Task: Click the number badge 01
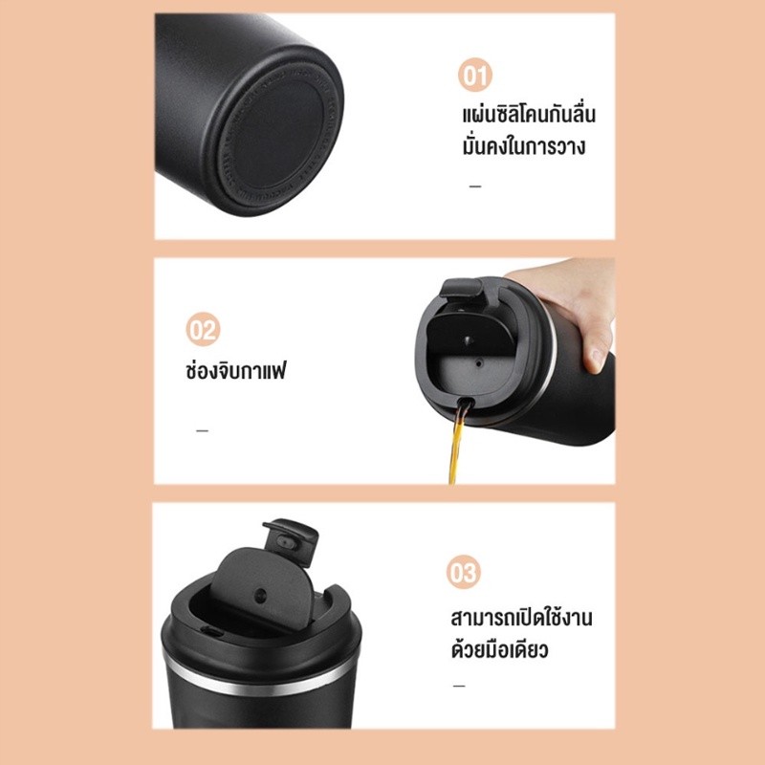tap(474, 76)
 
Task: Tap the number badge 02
tap(203, 329)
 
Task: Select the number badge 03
tap(463, 572)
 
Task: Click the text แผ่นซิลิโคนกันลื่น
tap(529, 115)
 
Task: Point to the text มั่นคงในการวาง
tap(523, 146)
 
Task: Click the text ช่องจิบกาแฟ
tap(235, 371)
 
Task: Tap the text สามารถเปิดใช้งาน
tap(521, 617)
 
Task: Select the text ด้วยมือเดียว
tap(499, 650)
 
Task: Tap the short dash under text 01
tap(475, 186)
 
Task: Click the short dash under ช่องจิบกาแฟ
tap(202, 430)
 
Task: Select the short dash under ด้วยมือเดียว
tap(459, 686)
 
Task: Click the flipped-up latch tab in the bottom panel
tap(291, 541)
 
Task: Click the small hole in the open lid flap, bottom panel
tap(261, 595)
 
